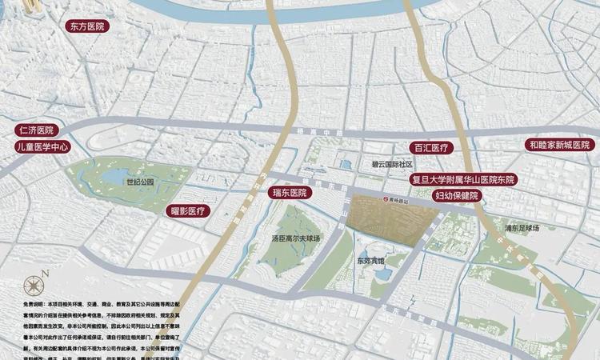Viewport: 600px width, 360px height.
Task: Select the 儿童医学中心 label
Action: [x=44, y=147]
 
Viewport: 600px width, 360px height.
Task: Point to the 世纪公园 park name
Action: [x=139, y=182]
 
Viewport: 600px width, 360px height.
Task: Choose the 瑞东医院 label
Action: [x=290, y=193]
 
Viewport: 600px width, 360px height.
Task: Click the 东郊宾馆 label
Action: [x=370, y=261]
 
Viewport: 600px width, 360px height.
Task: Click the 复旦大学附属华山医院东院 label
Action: [x=464, y=180]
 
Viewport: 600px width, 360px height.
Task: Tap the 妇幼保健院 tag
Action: [x=456, y=196]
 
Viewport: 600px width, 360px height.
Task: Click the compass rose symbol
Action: [x=34, y=284]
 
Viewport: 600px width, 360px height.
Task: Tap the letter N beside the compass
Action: [x=46, y=274]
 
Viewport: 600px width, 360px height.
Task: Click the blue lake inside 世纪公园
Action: [x=115, y=175]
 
